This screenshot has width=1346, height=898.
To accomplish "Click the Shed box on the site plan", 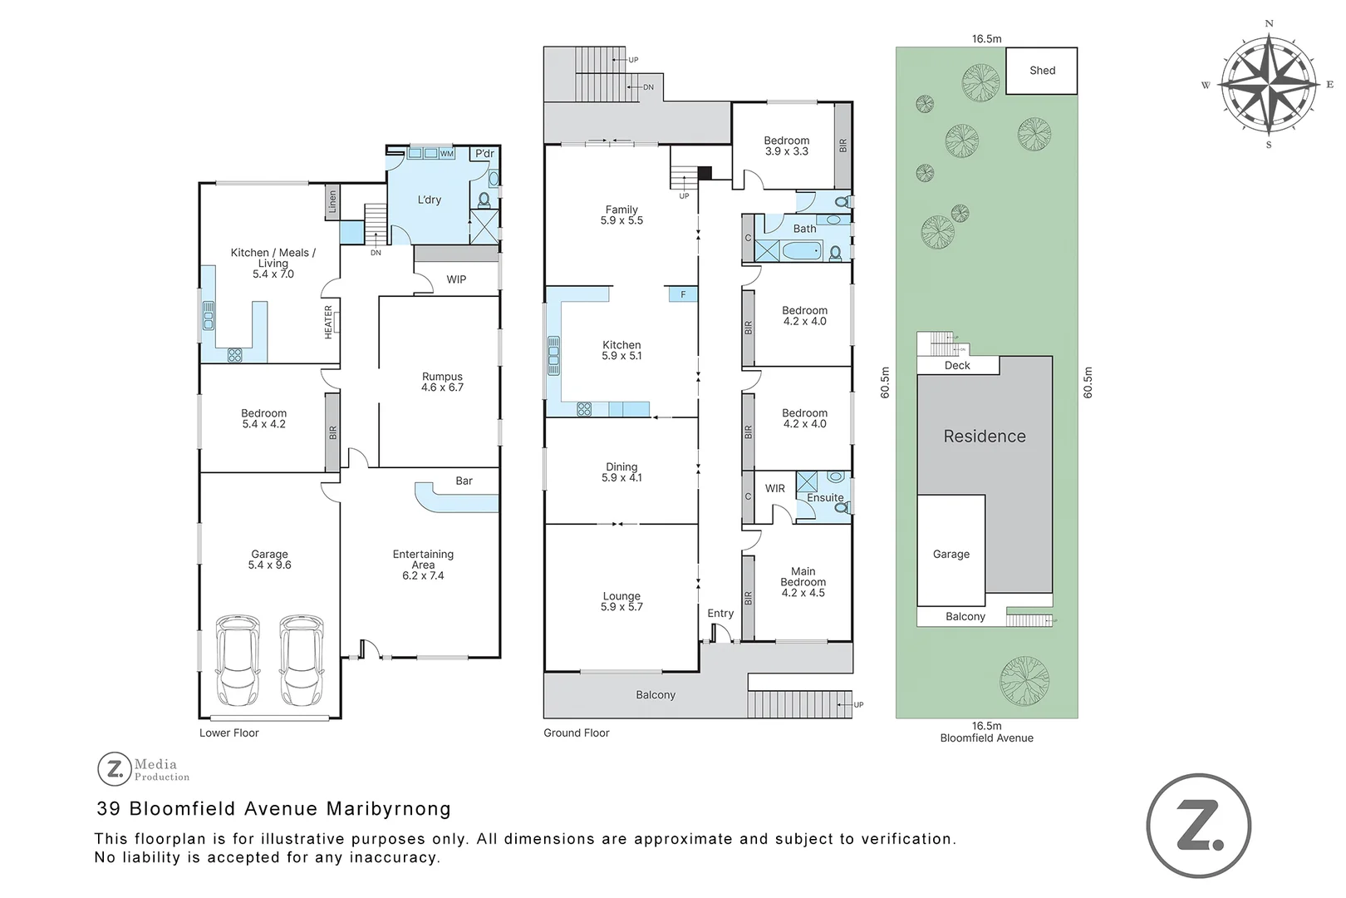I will pyautogui.click(x=1041, y=71).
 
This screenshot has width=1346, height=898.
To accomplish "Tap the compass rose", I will pyautogui.click(x=1268, y=84).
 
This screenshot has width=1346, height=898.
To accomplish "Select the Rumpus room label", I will pyautogui.click(x=442, y=382).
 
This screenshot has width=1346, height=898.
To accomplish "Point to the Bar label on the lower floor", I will pyautogui.click(x=464, y=481).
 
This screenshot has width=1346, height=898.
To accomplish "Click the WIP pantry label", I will pyautogui.click(x=456, y=279).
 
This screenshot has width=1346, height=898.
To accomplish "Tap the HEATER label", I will pyautogui.click(x=329, y=322).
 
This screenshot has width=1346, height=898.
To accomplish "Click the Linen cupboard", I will pyautogui.click(x=332, y=201).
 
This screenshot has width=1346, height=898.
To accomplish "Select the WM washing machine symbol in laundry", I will pyautogui.click(x=447, y=154).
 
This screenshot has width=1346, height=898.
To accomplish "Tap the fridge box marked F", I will pyautogui.click(x=683, y=294).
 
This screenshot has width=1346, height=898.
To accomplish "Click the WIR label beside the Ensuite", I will pyautogui.click(x=774, y=488).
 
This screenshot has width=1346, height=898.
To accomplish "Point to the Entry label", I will pyautogui.click(x=720, y=613).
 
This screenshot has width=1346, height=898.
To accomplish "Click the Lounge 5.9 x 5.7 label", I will pyautogui.click(x=621, y=601).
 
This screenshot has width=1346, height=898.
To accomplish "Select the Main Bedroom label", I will pyautogui.click(x=803, y=581).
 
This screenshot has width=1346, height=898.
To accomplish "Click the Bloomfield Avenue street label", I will pyautogui.click(x=986, y=738).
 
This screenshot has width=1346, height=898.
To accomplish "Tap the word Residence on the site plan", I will pyautogui.click(x=985, y=436).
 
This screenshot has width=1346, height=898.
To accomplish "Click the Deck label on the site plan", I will pyautogui.click(x=957, y=365).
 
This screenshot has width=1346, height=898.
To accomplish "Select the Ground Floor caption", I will pyautogui.click(x=576, y=733).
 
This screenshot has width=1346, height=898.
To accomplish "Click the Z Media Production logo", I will pyautogui.click(x=143, y=769).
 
